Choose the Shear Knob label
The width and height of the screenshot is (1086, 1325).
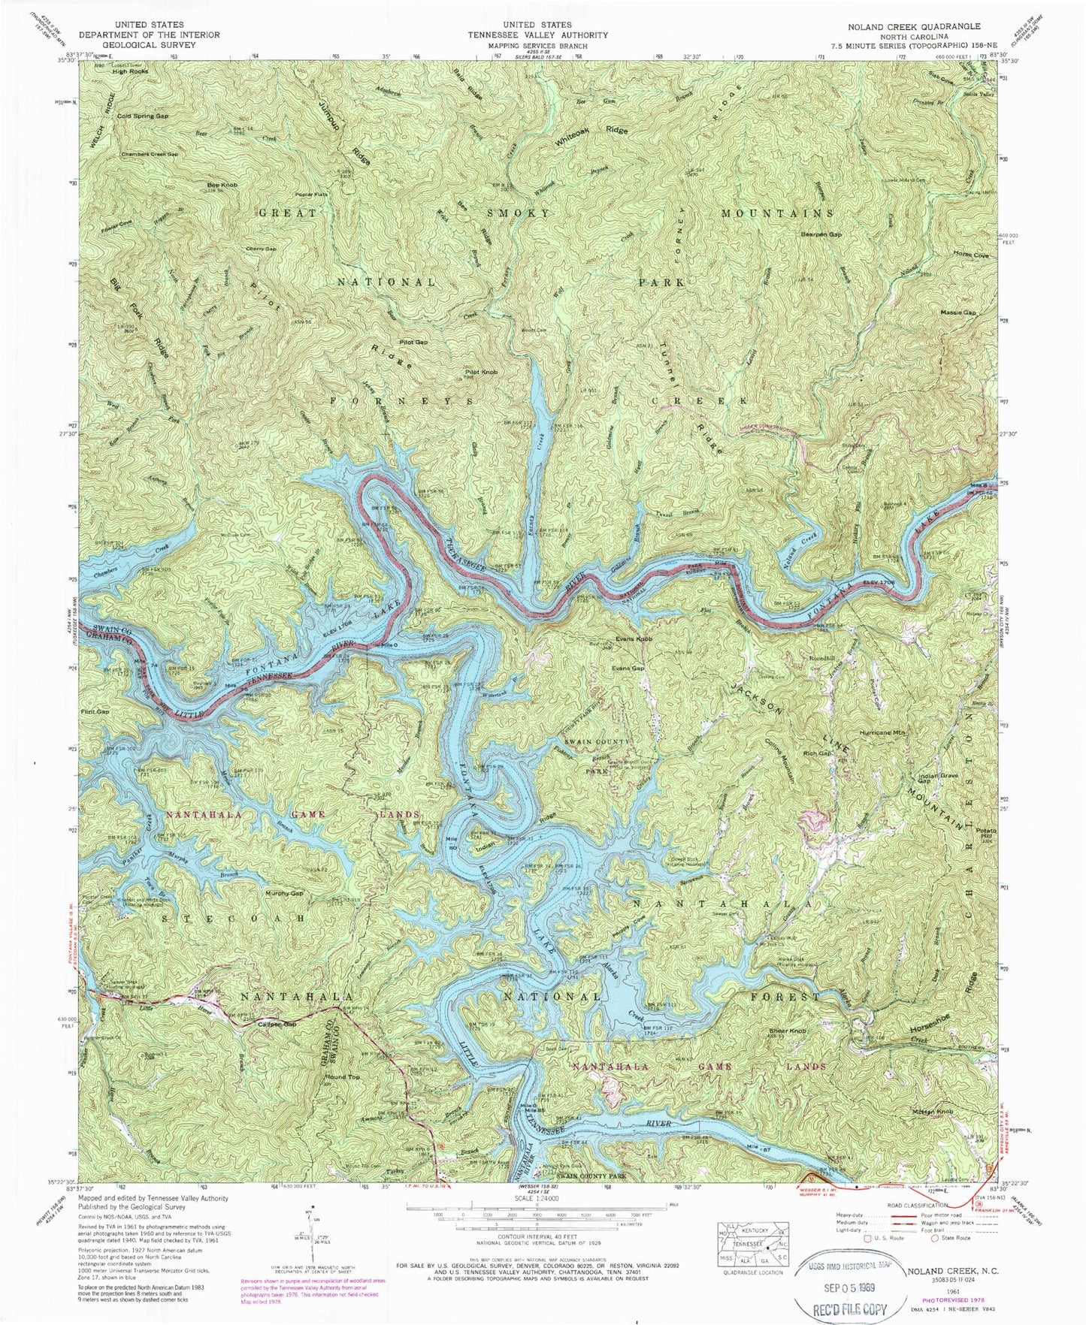[786, 1031]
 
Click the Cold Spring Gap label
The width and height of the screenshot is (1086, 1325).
[142, 116]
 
